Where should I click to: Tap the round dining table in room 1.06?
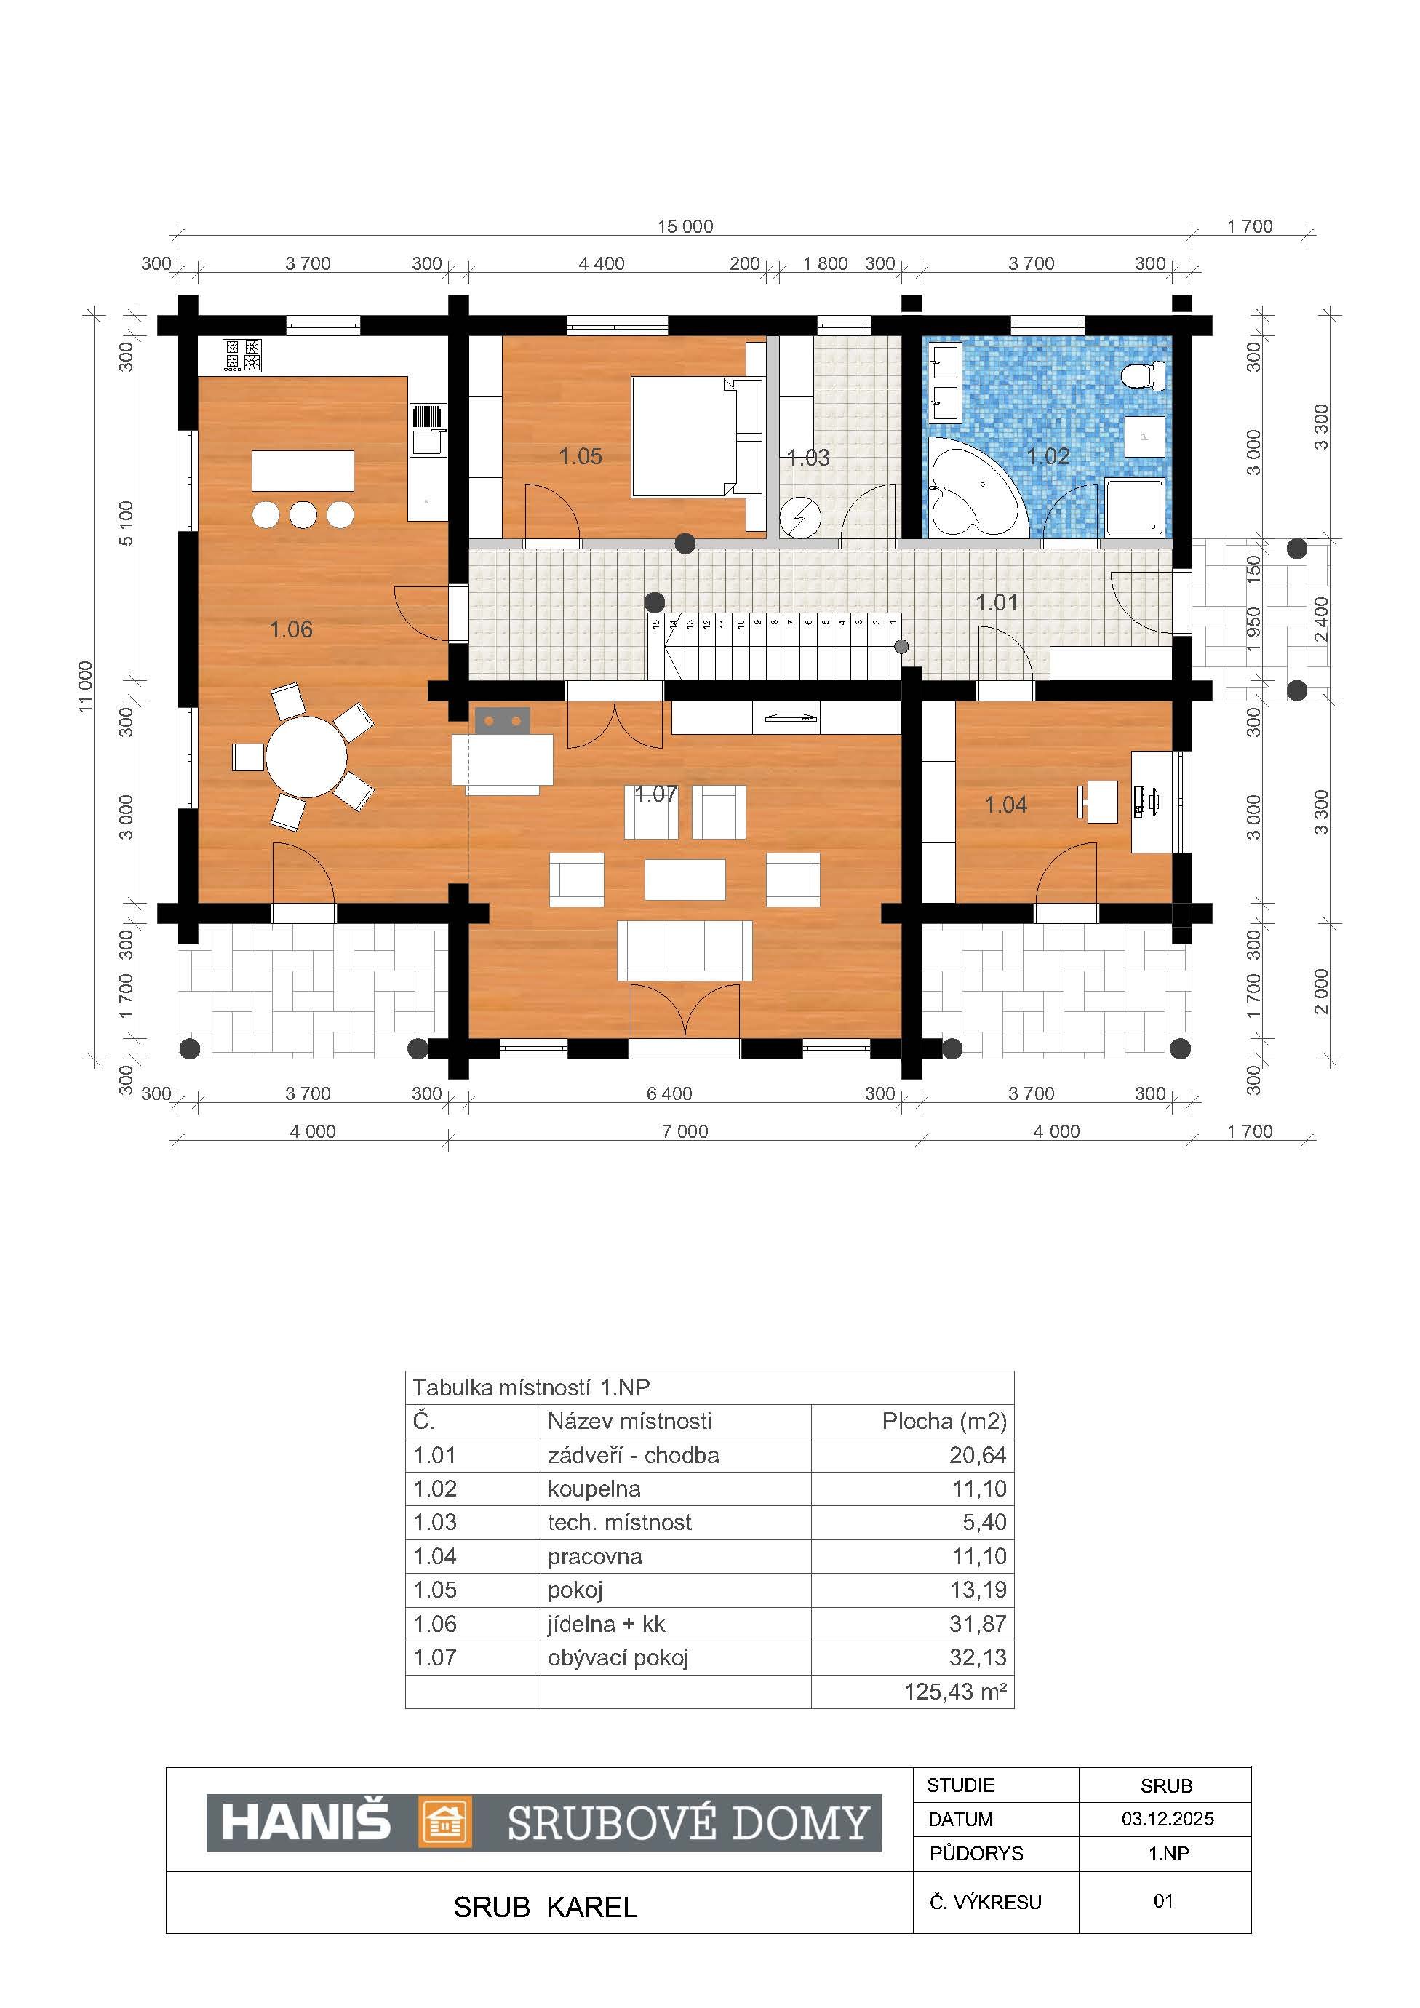[x=306, y=757]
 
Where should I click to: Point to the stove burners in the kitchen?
[x=242, y=355]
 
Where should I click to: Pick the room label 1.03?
[x=808, y=458]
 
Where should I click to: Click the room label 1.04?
[x=1005, y=805]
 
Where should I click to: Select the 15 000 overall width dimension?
[x=685, y=226]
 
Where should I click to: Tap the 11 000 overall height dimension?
[x=86, y=687]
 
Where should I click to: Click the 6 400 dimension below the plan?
[x=669, y=1093]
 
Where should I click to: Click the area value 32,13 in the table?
[x=978, y=1657]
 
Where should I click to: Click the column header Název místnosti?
[x=629, y=1421]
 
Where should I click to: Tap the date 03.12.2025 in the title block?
[x=1168, y=1819]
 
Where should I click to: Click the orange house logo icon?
[x=446, y=1822]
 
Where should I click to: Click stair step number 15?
[x=655, y=624]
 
